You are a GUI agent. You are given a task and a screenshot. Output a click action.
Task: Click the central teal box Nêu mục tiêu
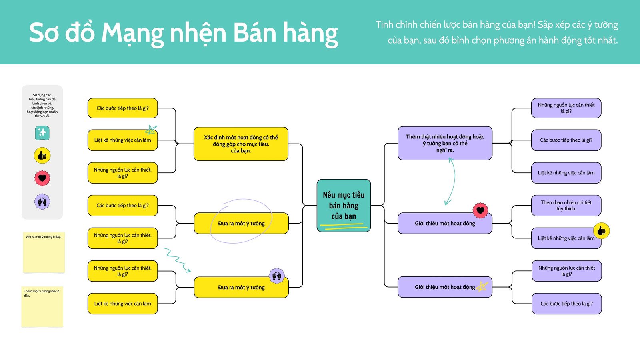click(x=344, y=205)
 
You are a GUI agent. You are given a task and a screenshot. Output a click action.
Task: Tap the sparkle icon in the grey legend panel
click(x=42, y=132)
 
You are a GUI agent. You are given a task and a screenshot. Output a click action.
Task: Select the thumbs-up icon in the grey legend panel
click(x=42, y=156)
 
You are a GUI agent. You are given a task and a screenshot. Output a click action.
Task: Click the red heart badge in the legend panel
click(x=42, y=178)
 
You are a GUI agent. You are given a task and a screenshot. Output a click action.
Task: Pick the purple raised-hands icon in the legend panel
click(x=42, y=202)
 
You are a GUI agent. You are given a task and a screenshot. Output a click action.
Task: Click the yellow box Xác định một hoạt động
click(x=241, y=144)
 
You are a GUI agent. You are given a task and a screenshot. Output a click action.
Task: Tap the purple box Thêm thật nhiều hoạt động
click(x=445, y=143)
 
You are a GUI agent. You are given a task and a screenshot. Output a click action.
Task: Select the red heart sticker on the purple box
click(x=480, y=210)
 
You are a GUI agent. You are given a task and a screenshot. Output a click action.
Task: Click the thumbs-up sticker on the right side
click(x=601, y=231)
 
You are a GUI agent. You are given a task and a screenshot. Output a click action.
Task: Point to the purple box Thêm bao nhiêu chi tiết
click(x=566, y=205)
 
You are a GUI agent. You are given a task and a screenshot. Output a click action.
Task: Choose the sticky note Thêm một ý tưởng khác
click(x=42, y=307)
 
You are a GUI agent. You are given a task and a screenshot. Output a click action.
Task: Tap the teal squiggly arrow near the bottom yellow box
click(x=177, y=260)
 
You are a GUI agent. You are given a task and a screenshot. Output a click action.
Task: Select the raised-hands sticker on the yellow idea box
click(x=276, y=275)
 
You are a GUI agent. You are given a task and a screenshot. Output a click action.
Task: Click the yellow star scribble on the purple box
click(x=482, y=286)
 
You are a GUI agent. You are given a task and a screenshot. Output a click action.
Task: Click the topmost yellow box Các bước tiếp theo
click(x=122, y=108)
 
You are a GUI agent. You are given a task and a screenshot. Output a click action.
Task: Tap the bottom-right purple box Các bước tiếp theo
click(x=566, y=304)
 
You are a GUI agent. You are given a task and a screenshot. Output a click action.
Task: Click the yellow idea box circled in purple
click(x=241, y=223)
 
